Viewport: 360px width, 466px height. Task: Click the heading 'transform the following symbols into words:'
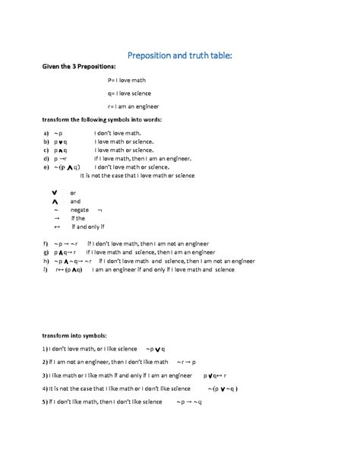coord(102,119)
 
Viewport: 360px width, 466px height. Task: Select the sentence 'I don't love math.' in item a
coord(118,132)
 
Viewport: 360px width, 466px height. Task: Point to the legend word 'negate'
coord(80,209)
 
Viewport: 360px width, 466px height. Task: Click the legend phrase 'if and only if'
coord(88,227)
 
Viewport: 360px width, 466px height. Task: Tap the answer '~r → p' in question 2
coord(186,362)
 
